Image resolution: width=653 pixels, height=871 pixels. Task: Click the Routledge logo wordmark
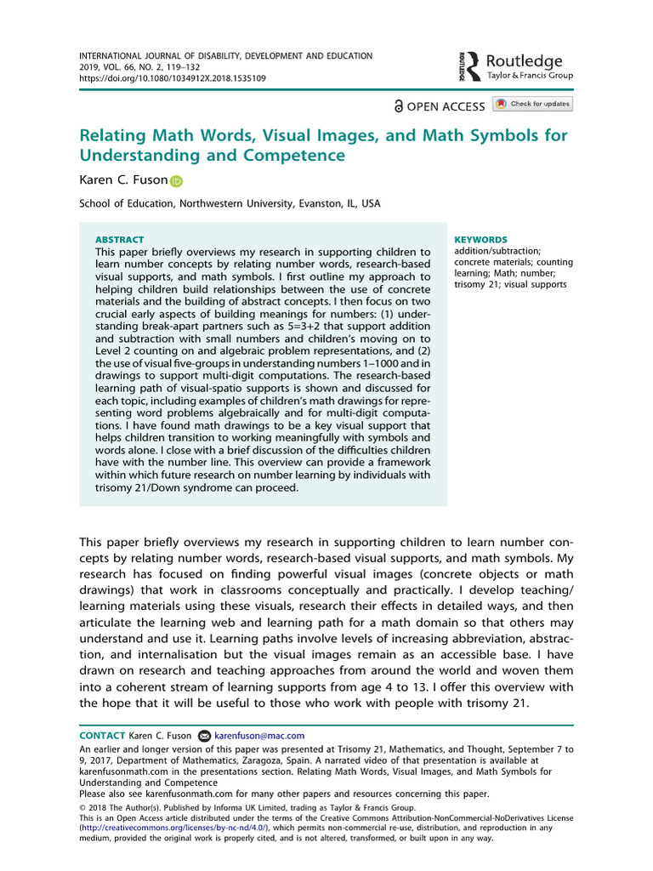click(525, 61)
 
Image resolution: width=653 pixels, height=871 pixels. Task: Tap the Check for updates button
click(533, 104)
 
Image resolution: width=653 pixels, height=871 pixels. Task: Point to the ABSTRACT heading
click(119, 240)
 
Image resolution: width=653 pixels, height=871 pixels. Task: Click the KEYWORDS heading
click(480, 240)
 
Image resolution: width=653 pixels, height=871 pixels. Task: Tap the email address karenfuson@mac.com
click(258, 736)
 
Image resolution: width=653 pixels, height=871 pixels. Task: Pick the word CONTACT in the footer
click(101, 736)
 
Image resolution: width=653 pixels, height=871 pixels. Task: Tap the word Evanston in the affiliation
click(281, 204)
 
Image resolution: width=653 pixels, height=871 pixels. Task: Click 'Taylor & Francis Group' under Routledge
click(530, 76)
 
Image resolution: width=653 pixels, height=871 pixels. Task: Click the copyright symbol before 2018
click(82, 808)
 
